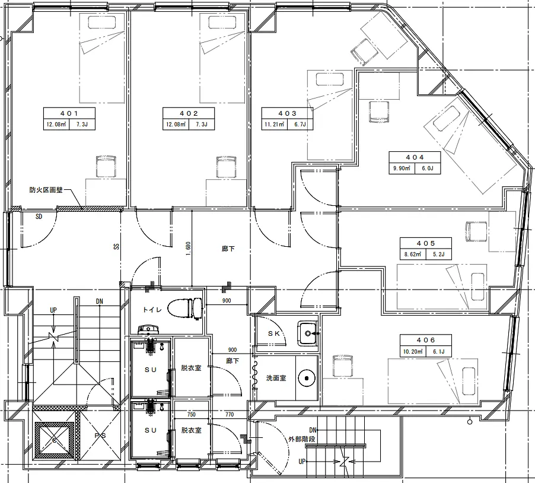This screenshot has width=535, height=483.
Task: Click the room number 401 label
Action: tap(69, 113)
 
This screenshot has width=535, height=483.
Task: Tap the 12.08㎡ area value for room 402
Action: tap(176, 124)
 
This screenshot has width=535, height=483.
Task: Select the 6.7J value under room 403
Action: tap(300, 124)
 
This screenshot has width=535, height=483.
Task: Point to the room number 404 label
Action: tap(415, 157)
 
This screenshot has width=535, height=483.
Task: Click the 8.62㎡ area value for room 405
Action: tap(413, 255)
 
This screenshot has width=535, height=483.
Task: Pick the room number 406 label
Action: tap(426, 340)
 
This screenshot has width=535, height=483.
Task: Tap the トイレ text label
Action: tap(152, 310)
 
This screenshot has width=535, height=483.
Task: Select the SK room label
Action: tap(274, 333)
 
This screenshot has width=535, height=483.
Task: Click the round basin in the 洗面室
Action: tap(307, 378)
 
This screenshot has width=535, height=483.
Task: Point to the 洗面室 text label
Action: tap(276, 378)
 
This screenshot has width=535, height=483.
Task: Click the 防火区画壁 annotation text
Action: tap(46, 190)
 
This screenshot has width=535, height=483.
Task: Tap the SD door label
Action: tap(39, 217)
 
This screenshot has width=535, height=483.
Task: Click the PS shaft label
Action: tap(100, 436)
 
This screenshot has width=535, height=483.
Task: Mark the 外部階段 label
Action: tap(302, 439)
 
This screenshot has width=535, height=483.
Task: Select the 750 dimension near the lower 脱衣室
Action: tap(192, 414)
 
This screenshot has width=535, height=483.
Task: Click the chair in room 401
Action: tap(106, 166)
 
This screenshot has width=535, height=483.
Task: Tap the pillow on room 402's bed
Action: tap(222, 23)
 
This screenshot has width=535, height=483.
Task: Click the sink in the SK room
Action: tap(308, 333)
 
